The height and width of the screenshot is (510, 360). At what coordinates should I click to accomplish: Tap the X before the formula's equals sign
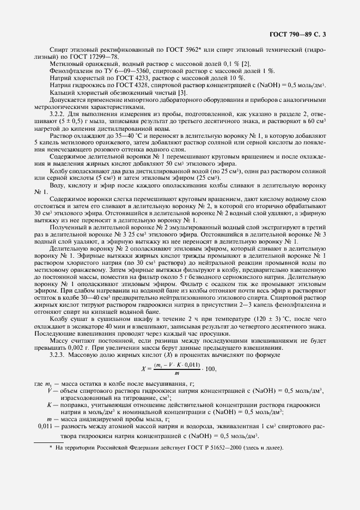click(x=143, y=369)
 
